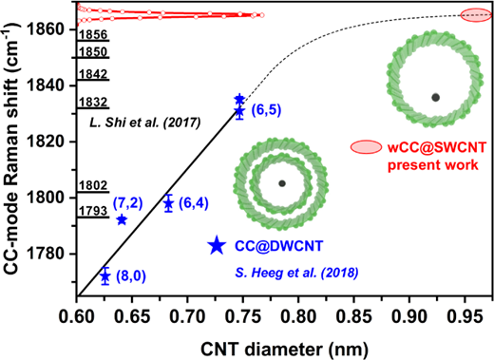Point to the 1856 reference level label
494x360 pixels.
93,34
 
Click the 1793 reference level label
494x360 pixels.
93,211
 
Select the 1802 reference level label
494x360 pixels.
93,185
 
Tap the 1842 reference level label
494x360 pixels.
93,74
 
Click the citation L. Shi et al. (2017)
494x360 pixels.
145,123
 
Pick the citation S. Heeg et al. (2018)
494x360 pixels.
296,273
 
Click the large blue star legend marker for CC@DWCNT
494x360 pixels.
217,245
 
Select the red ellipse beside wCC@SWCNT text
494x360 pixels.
366,147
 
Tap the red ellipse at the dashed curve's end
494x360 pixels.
476,15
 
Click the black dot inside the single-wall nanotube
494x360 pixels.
436,98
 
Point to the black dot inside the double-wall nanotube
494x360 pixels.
282,183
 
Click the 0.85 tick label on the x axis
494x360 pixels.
353,316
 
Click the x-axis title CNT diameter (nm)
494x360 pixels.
284,350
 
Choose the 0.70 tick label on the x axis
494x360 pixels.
187,316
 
